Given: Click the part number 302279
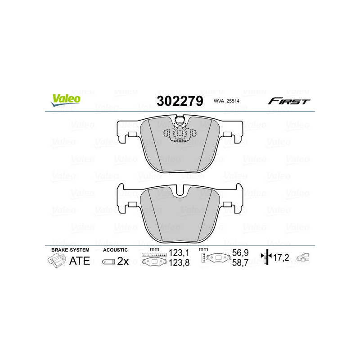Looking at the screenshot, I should click(179, 101).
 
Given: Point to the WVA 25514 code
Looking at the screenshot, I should click(226, 102).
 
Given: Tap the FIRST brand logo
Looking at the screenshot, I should click(288, 101).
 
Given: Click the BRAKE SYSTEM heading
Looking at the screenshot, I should click(70, 250).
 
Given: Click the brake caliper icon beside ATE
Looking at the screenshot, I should click(55, 260).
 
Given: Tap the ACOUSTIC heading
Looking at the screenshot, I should click(116, 250).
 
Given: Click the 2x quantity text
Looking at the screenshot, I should click(123, 261).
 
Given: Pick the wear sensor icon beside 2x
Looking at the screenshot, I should click(108, 261).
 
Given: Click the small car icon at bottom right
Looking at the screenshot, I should click(304, 258).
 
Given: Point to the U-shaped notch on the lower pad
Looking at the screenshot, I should click(180, 191).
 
